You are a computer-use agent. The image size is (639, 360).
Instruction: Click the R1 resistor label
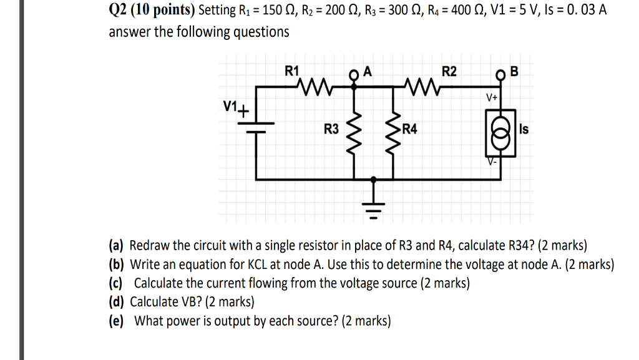click(291, 71)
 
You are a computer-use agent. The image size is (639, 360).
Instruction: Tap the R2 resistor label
click(449, 71)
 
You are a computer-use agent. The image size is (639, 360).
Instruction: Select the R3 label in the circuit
click(331, 130)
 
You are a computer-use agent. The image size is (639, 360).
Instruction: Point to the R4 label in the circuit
click(410, 130)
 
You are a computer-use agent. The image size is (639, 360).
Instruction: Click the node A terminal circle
click(355, 77)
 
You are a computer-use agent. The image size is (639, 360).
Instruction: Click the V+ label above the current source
click(492, 98)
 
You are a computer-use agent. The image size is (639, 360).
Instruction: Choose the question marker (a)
click(117, 246)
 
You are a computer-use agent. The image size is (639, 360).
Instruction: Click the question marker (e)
click(117, 321)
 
